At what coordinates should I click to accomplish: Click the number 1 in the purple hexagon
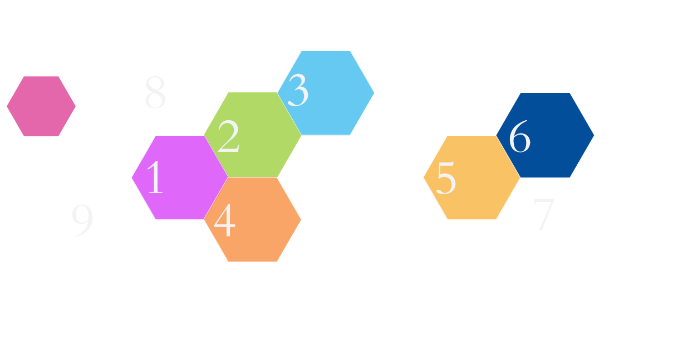[154, 177]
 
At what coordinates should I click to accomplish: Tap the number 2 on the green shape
[228, 137]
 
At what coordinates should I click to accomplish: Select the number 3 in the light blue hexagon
[298, 91]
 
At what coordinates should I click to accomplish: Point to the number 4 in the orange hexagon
[224, 221]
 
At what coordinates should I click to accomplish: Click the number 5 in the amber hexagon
[446, 178]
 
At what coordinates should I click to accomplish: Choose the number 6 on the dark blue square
[519, 137]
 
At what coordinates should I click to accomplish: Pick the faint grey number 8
[155, 92]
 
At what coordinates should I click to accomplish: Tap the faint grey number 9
[82, 221]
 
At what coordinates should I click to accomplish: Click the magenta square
[41, 106]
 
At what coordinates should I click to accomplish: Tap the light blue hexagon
[334, 92]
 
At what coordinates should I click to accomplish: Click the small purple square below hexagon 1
[136, 208]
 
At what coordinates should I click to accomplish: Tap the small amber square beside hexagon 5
[515, 209]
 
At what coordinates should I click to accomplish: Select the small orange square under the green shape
[295, 187]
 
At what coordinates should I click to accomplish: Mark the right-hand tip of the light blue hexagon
[373, 92]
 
